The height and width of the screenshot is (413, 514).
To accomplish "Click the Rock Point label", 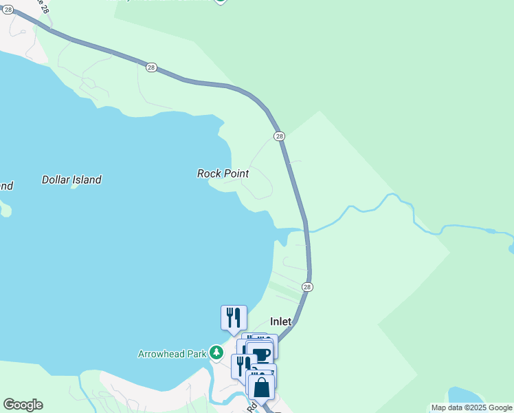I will tap(223, 173).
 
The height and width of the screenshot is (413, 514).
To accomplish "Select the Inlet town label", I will tap(280, 321).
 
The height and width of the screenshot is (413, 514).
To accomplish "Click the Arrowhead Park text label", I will tap(172, 354).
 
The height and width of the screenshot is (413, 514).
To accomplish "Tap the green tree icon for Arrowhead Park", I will tap(216, 353).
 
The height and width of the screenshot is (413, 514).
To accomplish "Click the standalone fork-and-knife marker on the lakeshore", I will tap(234, 317).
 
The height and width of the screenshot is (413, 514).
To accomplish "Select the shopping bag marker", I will tap(262, 387).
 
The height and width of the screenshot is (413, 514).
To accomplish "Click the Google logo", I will tap(23, 405).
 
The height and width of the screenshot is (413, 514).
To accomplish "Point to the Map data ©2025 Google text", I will tap(471, 407).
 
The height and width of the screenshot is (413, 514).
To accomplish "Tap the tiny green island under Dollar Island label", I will tap(74, 187).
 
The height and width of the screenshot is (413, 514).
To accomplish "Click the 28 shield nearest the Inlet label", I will tap(307, 287).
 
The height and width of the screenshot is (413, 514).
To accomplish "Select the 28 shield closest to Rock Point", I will tap(279, 136).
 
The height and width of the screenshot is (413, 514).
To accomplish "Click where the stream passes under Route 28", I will tap(306, 229).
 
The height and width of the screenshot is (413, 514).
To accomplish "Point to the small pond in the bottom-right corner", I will tap(465, 395).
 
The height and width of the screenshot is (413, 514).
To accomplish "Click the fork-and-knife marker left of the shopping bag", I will tap(241, 365).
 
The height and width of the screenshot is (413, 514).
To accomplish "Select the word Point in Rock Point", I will tap(235, 173).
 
